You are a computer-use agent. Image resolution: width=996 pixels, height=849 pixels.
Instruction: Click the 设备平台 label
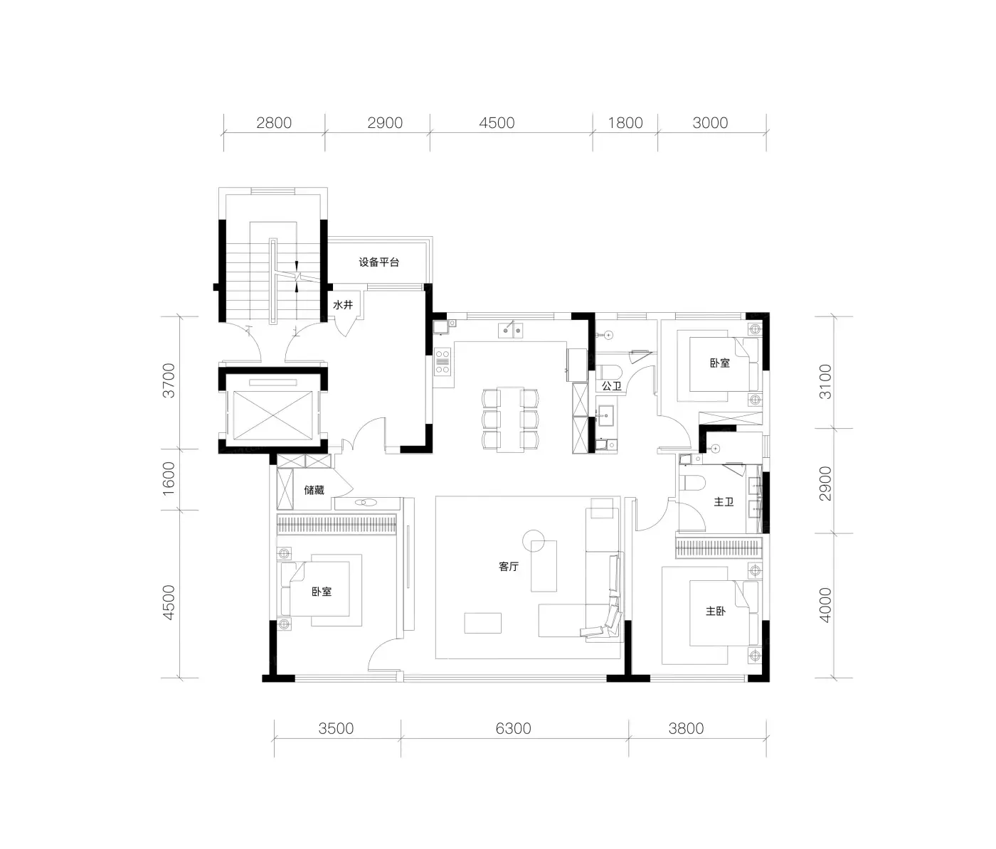click(378, 262)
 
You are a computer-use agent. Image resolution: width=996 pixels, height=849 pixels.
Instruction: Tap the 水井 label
click(343, 305)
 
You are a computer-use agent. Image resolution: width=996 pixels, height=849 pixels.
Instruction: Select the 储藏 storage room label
click(314, 490)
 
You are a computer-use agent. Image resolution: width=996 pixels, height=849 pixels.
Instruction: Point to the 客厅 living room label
click(509, 566)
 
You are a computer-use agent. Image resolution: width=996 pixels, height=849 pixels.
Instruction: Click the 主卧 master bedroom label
click(716, 611)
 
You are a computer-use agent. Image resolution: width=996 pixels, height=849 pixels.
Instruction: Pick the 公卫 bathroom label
click(612, 385)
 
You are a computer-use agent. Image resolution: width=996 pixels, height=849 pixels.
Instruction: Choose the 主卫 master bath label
click(724, 502)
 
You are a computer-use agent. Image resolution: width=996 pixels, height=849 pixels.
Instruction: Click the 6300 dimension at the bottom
click(513, 728)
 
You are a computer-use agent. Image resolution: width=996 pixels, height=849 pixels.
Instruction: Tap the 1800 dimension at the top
click(625, 123)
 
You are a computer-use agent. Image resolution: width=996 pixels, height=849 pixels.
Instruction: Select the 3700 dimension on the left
click(169, 380)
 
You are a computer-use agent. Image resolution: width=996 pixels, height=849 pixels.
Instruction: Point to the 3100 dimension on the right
click(825, 382)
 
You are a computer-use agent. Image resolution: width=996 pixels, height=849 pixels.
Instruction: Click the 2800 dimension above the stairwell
click(274, 123)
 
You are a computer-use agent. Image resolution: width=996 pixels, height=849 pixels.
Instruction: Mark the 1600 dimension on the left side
click(169, 479)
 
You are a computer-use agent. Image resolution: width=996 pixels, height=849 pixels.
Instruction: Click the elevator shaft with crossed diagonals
click(273, 415)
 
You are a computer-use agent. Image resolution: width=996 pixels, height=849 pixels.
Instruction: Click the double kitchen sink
click(510, 330)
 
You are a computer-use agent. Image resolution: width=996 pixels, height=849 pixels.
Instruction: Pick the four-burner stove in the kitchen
click(443, 362)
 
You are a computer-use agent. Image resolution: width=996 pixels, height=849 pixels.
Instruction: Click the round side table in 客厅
click(534, 540)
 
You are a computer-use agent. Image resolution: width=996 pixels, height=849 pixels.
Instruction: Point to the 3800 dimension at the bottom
click(686, 728)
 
